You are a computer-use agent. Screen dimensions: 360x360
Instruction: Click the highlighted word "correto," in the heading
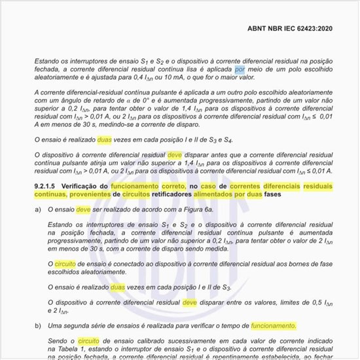pos(173,187)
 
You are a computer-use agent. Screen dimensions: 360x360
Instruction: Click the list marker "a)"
pos(38,210)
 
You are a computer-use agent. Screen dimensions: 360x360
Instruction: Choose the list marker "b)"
pos(38,325)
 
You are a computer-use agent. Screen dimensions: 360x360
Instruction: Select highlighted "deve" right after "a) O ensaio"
pos(84,210)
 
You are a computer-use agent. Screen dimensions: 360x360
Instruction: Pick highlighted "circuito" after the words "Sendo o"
pos(88,341)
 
